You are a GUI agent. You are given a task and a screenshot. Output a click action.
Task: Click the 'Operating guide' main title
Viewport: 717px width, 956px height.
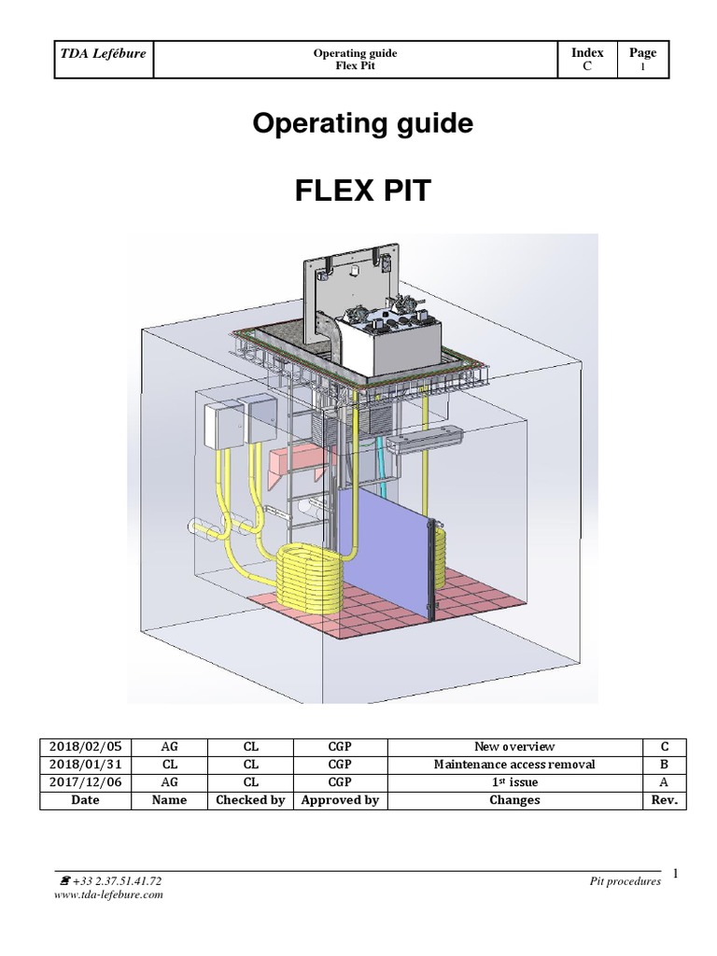tap(363, 124)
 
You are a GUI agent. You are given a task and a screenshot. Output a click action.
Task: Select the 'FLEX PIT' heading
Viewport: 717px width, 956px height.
tap(362, 192)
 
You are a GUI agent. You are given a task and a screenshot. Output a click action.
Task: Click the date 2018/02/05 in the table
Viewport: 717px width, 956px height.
tap(86, 746)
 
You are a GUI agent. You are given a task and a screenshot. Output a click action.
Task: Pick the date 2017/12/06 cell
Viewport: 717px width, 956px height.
tap(86, 782)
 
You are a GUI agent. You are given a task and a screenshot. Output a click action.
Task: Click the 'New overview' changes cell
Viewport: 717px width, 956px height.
tap(513, 746)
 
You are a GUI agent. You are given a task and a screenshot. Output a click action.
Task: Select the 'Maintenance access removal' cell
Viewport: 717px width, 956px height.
tap(513, 765)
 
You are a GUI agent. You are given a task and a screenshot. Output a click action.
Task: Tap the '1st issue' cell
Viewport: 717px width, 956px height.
tap(513, 782)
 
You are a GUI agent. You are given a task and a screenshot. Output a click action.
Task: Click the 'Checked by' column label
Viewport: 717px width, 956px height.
tap(250, 800)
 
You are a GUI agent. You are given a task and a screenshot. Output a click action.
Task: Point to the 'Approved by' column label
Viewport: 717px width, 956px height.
tap(340, 800)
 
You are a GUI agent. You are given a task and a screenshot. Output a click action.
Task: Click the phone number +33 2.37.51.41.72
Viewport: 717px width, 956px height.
tap(115, 880)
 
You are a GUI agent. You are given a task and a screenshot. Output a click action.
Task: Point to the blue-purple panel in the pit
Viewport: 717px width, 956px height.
tap(383, 551)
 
